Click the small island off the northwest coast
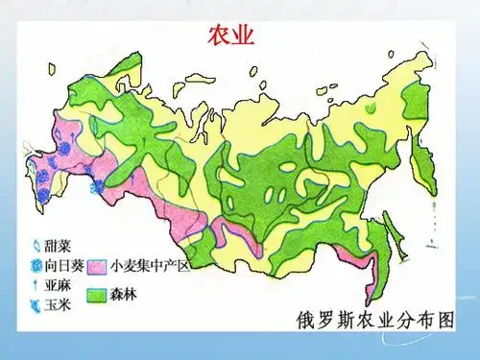coord(253,69)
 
